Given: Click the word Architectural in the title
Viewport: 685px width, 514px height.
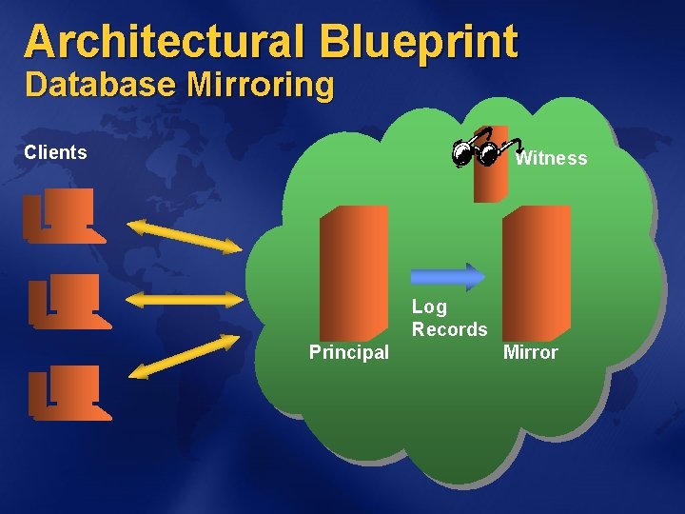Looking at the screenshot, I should coord(163,42).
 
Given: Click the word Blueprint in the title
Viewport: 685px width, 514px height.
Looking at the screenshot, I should coord(419,42).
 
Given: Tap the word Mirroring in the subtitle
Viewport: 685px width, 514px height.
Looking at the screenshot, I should coord(261,86).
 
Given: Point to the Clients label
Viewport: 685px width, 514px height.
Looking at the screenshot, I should coord(55,152).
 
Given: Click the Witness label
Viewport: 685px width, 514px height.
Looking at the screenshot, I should coord(551,158).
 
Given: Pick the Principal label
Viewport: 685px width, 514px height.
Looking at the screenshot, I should coord(349,352).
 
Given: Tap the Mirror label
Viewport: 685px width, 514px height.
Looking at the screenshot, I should coord(530,352).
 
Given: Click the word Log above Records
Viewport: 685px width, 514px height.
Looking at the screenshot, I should coord(429,306).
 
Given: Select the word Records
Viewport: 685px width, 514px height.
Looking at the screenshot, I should coord(449,329).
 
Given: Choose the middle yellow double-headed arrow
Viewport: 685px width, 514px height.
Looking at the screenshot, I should coord(185,300).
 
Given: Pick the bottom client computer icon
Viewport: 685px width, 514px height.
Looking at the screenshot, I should coord(67,391).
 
